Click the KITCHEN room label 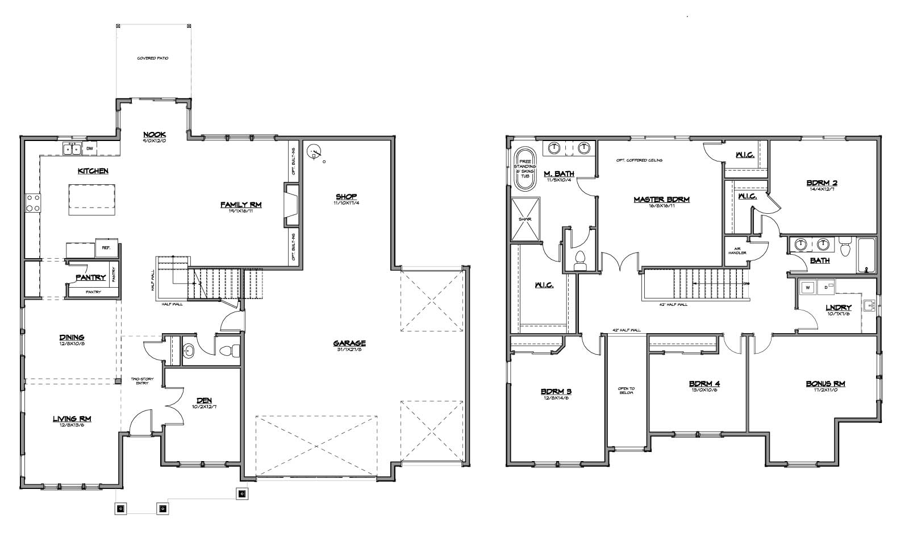point(93,171)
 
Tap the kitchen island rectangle point(92,199)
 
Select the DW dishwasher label point(89,149)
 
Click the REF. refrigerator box point(106,247)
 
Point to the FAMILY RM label point(241,205)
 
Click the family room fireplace point(292,205)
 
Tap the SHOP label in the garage point(346,197)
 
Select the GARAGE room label point(349,343)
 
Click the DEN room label point(205,401)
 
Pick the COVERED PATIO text point(153,59)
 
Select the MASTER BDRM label point(661,200)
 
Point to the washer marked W point(806,288)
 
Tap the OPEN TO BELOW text point(627,391)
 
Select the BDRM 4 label point(704,383)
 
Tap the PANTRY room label point(91,277)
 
